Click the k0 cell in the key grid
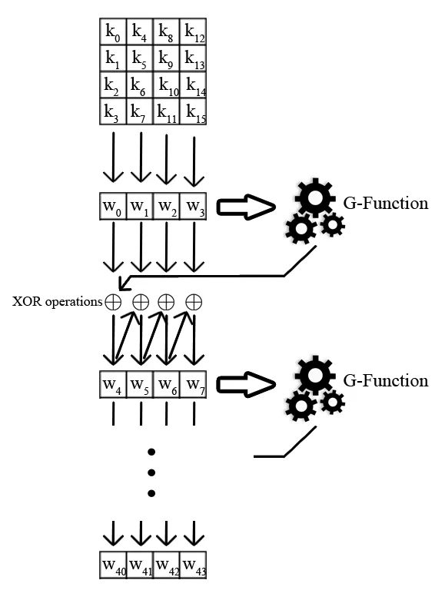pos(113,31)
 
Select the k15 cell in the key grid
pos(194,111)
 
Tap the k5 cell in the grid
pos(140,58)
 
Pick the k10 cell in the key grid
pos(167,85)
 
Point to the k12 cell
pos(194,31)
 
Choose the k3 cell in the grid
pos(113,111)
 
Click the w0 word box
pos(113,207)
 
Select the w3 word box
pos(194,207)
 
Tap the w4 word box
pos(113,382)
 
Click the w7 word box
pos(194,382)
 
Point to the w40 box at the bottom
pos(114,564)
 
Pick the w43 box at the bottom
pos(194,564)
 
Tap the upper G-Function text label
pos(385,204)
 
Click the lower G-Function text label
pos(385,380)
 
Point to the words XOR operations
pos(56,302)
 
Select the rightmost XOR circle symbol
pos(194,302)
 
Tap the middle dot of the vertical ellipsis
pos(152,471)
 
